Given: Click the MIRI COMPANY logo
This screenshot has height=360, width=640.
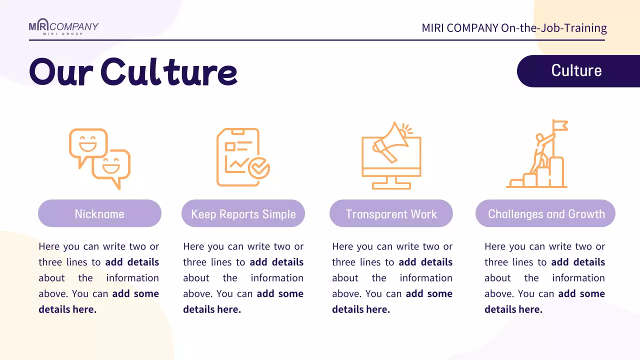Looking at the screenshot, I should pyautogui.click(x=63, y=27).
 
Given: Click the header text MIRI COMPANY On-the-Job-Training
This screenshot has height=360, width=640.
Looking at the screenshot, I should pyautogui.click(x=514, y=28).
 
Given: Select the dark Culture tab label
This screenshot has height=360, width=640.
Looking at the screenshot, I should pyautogui.click(x=576, y=70).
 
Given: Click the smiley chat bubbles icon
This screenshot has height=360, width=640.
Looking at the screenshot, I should pyautogui.click(x=99, y=158).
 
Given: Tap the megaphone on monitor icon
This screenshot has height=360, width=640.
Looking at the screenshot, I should pyautogui.click(x=391, y=155).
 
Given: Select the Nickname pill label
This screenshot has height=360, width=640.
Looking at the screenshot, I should pyautogui.click(x=99, y=214).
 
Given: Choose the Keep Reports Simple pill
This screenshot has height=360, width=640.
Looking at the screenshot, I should pyautogui.click(x=243, y=214).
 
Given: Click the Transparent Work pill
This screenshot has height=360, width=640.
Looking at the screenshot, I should pyautogui.click(x=391, y=214).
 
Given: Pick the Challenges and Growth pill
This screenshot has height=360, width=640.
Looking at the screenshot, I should pyautogui.click(x=546, y=214).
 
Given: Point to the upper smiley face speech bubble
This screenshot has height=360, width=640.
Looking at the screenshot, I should pyautogui.click(x=88, y=144).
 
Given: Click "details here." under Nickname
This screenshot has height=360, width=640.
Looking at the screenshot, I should pyautogui.click(x=67, y=309).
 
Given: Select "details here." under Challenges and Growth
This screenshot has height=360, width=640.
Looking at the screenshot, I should pyautogui.click(x=513, y=309).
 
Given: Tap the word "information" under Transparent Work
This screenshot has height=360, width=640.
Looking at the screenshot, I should pyautogui.click(x=426, y=278).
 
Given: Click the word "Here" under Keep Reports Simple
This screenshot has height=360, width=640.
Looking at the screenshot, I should pyautogui.click(x=193, y=246).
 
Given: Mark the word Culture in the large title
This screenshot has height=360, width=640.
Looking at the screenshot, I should pyautogui.click(x=168, y=72).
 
